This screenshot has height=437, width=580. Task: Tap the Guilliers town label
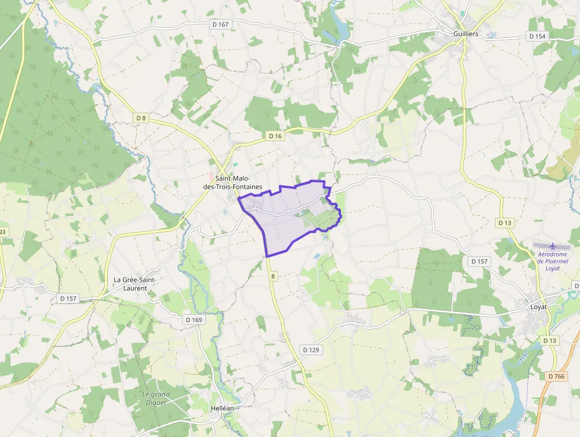click(x=466, y=34)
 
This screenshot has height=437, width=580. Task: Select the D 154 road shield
click(x=537, y=36)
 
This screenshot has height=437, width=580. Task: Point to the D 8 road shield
click(x=141, y=118)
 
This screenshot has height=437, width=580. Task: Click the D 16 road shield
click(x=275, y=136)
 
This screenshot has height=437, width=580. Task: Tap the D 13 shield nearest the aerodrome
click(x=504, y=222)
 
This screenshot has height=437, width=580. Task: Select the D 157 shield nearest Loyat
click(x=480, y=261)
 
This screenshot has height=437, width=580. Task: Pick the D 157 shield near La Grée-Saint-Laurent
click(x=69, y=298)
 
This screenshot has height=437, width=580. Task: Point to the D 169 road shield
click(x=194, y=320)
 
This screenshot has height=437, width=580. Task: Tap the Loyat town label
click(x=539, y=307)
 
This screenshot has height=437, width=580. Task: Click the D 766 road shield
click(x=557, y=376)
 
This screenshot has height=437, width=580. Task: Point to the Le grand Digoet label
click(x=156, y=398)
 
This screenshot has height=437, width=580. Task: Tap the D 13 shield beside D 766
click(x=549, y=340)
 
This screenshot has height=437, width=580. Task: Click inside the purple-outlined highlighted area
click(x=284, y=219)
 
